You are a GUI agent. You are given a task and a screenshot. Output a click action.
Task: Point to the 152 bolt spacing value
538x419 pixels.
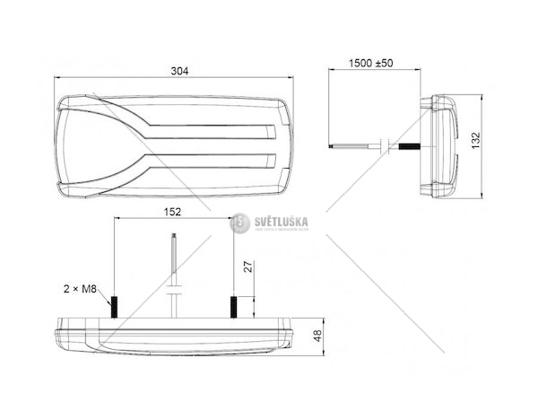[174, 212]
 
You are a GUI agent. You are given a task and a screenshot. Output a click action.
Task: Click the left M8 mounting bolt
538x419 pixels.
[115, 307]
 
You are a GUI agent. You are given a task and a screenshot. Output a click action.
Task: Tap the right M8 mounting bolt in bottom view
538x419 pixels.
[233, 307]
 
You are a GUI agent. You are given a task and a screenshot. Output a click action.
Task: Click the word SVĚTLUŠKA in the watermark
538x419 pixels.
[278, 221]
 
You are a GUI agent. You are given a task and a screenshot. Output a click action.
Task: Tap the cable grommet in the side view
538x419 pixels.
[385, 144]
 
